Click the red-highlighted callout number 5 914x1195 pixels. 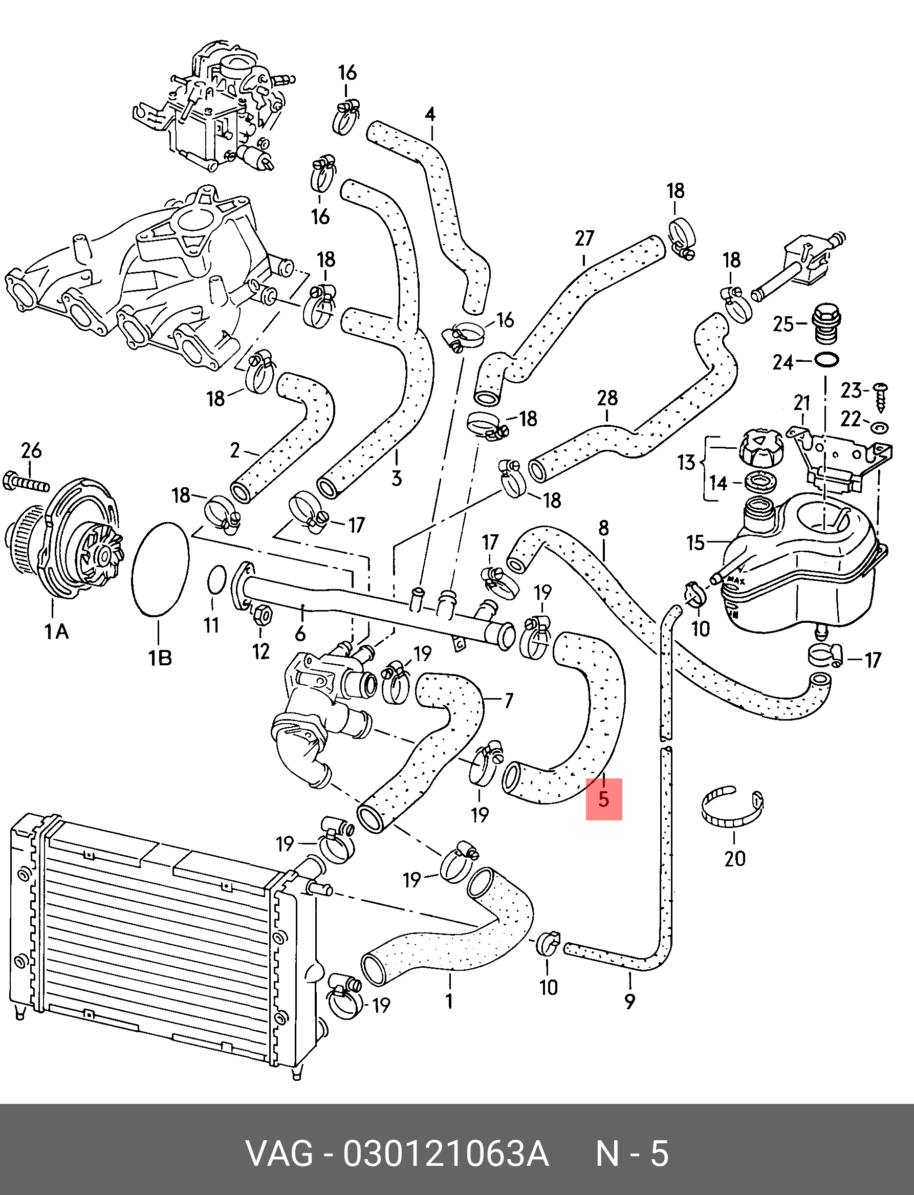(603, 799)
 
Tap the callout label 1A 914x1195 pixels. (56, 632)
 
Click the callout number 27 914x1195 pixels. (584, 238)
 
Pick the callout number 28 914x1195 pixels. (607, 398)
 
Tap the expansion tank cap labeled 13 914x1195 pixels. (760, 448)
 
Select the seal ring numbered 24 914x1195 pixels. (826, 360)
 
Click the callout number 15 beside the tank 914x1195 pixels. (696, 542)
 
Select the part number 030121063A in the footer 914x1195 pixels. (446, 1154)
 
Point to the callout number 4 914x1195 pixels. (430, 114)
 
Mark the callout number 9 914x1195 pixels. (629, 1001)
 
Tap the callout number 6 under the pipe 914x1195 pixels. (300, 634)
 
